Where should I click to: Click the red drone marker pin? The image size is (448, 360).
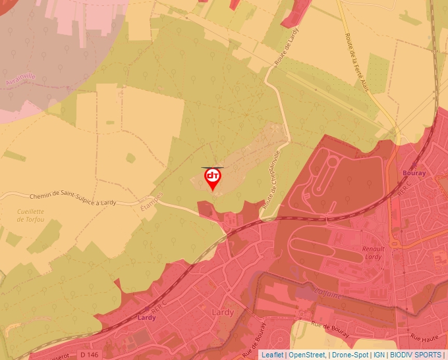213,178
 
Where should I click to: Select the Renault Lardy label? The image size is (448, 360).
372,253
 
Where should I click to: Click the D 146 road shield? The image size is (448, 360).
90,355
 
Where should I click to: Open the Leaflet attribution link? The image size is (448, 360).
272,355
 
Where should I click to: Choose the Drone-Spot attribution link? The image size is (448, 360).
350,355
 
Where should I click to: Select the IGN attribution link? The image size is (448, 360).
379,355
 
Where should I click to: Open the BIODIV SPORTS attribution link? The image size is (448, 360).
416,355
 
